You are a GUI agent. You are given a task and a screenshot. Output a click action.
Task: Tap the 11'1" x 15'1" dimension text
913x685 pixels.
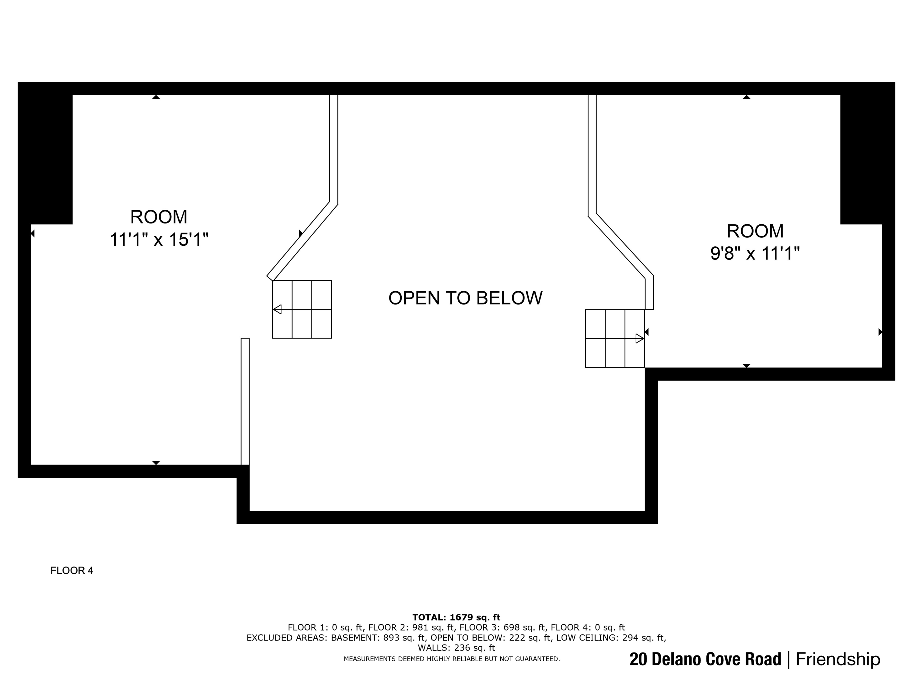(x=159, y=240)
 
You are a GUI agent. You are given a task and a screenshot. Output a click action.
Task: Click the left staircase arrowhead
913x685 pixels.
(x=277, y=309)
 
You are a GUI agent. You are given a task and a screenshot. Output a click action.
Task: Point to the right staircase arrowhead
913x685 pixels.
(x=640, y=339)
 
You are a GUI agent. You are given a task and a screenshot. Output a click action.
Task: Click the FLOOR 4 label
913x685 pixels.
(x=72, y=571)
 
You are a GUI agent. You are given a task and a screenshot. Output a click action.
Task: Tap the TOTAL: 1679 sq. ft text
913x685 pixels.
(x=456, y=617)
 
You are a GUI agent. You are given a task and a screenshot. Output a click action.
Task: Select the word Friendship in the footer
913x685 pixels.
(x=838, y=659)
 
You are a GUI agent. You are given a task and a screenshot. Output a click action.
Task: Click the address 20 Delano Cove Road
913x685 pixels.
(x=705, y=659)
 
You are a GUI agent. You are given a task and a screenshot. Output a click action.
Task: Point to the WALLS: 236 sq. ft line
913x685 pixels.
(x=456, y=648)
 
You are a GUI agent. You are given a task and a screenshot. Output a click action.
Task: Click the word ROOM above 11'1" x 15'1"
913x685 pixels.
(x=159, y=217)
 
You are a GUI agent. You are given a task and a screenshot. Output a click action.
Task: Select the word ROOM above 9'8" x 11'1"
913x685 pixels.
(x=755, y=231)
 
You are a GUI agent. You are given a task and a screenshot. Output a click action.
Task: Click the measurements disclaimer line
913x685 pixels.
(x=452, y=659)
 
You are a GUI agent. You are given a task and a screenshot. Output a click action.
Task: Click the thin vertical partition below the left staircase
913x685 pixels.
(x=245, y=401)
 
